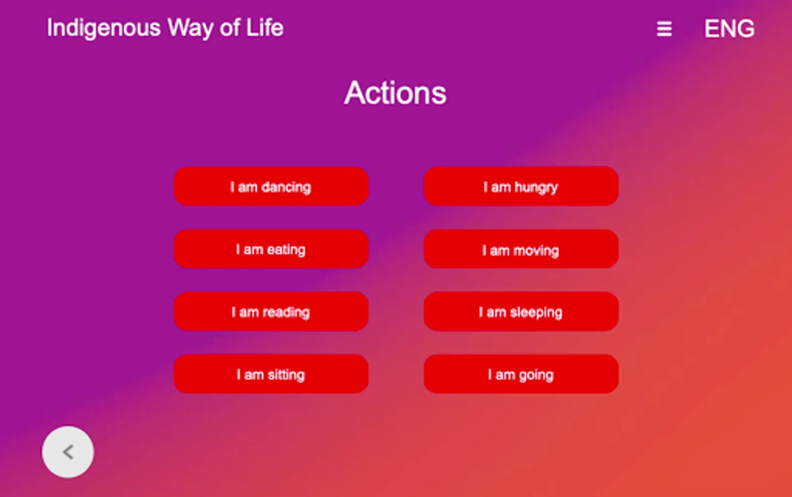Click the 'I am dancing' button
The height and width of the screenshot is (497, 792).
pos(271,186)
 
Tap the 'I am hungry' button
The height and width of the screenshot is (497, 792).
pos(521,186)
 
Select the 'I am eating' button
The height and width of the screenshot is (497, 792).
pos(271,249)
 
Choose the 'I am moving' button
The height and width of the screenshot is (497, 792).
pos(521,249)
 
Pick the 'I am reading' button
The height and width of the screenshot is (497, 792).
pos(271,311)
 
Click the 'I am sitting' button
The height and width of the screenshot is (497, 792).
pos(271,374)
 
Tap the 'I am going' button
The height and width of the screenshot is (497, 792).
pos(521,374)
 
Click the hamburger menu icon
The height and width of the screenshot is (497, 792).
pos(665,29)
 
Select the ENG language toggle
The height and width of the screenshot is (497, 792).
pos(730,29)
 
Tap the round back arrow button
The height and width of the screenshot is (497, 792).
pos(68,452)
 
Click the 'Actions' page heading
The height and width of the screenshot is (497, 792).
pos(395,93)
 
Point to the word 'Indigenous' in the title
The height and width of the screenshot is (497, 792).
pos(104,28)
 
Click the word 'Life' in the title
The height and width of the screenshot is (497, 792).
pos(265,27)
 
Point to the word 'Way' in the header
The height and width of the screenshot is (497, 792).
pos(190,28)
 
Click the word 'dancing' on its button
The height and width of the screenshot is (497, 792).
pos(286,187)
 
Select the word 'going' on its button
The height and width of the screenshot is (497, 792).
pos(536,375)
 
